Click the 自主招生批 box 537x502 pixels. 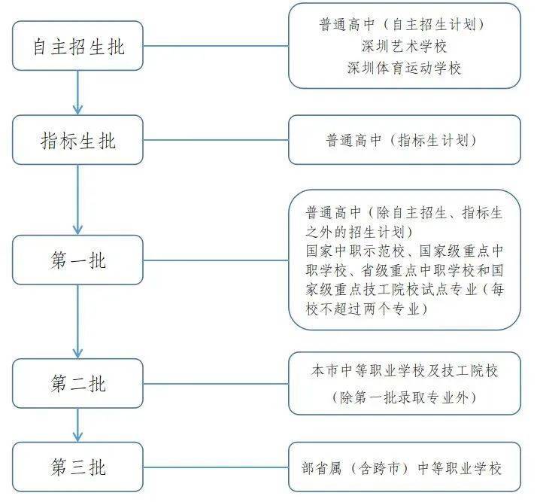tap(77, 46)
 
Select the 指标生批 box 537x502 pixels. tap(77, 140)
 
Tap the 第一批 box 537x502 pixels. tap(77, 260)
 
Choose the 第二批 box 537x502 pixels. tap(77, 383)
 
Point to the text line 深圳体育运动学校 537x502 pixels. tap(405, 68)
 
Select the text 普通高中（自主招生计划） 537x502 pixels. tap(405, 25)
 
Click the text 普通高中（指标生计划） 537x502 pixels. tap(405, 140)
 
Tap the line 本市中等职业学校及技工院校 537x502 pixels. tap(405, 372)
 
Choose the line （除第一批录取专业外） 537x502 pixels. tap(405, 397)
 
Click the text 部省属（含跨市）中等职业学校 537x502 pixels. tap(405, 468)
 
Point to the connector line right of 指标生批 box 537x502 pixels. tap(216, 140)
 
